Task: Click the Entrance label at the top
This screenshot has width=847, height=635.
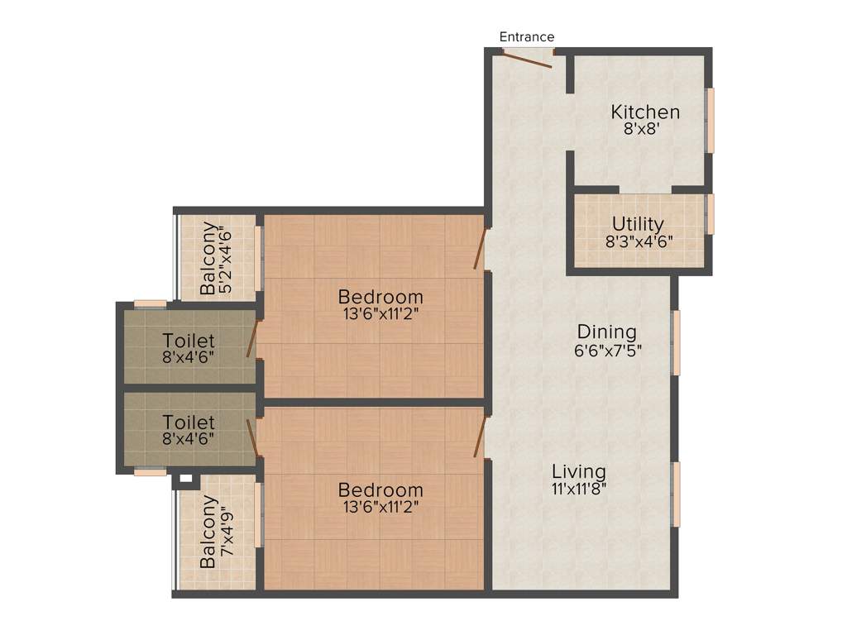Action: (527, 37)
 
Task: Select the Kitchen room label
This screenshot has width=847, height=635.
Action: (645, 112)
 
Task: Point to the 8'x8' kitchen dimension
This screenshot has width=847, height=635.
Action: (645, 129)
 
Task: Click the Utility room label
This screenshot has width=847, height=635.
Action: (638, 224)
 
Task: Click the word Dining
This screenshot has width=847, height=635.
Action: (607, 332)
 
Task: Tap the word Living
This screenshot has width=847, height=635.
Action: (579, 471)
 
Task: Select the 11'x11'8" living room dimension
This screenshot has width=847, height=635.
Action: (579, 488)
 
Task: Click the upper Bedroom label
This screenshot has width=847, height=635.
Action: (380, 296)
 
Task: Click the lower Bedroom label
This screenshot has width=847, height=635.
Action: (380, 490)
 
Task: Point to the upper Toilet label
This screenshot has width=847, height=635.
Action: (189, 340)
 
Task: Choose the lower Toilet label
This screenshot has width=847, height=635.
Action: (189, 422)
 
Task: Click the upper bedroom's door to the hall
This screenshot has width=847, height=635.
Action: (480, 250)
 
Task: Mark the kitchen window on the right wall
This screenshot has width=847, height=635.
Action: (710, 120)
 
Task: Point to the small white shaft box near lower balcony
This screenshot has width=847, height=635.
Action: (185, 478)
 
